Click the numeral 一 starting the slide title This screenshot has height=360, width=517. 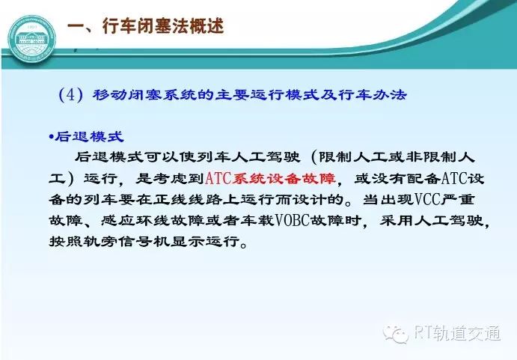(76, 26)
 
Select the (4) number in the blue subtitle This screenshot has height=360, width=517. (70, 95)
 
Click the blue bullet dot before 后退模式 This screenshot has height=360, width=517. (51, 137)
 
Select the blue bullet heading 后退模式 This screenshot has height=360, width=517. (89, 137)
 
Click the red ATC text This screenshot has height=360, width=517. (218, 179)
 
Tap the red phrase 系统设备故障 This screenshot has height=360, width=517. (284, 179)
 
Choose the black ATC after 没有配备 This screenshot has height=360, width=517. (454, 179)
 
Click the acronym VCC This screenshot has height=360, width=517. (427, 199)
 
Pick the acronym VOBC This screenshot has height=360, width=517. (292, 221)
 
